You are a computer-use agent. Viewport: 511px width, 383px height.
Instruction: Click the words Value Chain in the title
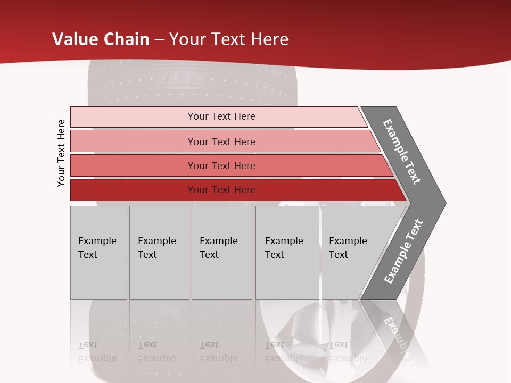(101, 39)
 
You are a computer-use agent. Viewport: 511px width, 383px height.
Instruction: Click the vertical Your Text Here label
(61, 153)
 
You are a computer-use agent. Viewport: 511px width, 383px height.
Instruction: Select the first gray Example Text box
(98, 253)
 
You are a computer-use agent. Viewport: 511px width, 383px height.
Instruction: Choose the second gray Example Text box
(159, 253)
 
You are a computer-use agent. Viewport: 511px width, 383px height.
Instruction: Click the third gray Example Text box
(221, 253)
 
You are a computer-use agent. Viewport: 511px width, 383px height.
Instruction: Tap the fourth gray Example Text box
(287, 253)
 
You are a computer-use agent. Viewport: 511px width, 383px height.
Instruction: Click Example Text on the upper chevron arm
(402, 152)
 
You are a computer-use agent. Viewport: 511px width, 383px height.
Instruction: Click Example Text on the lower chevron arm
(403, 252)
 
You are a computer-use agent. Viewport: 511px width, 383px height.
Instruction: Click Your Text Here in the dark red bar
(221, 190)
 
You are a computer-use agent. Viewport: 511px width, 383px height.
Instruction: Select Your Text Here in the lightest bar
(221, 116)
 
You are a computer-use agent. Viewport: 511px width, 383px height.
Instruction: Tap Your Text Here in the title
(229, 39)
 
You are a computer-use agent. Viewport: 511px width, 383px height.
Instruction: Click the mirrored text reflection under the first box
(97, 351)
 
